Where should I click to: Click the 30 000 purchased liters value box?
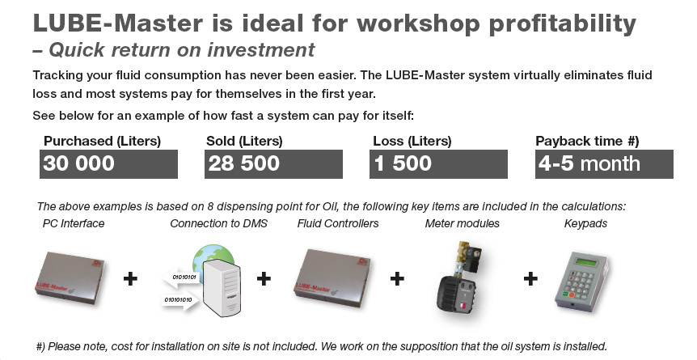tap(109, 164)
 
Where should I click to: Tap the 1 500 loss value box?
tap(439, 164)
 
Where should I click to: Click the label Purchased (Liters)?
tap(102, 141)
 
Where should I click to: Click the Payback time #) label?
tap(588, 141)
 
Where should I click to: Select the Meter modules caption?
tap(462, 222)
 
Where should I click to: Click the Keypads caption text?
tap(585, 222)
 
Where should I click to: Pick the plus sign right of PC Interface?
tap(130, 279)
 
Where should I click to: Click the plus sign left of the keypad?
tap(530, 279)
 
